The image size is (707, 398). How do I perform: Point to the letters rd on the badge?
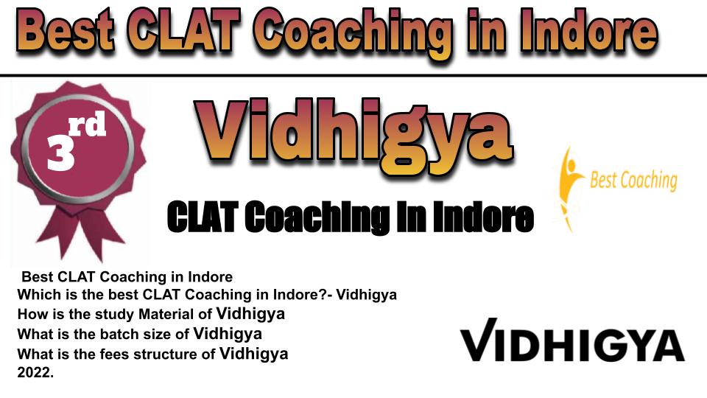coord(88,124)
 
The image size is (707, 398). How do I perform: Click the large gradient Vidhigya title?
coord(354,136)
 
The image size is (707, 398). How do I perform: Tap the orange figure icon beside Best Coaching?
coord(569,188)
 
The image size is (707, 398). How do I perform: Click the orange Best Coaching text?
coord(633,181)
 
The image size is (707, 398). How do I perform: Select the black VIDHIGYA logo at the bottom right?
coord(572,340)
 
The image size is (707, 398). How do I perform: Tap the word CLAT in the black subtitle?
coord(203,217)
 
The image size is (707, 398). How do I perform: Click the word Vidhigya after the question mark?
coord(366,295)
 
